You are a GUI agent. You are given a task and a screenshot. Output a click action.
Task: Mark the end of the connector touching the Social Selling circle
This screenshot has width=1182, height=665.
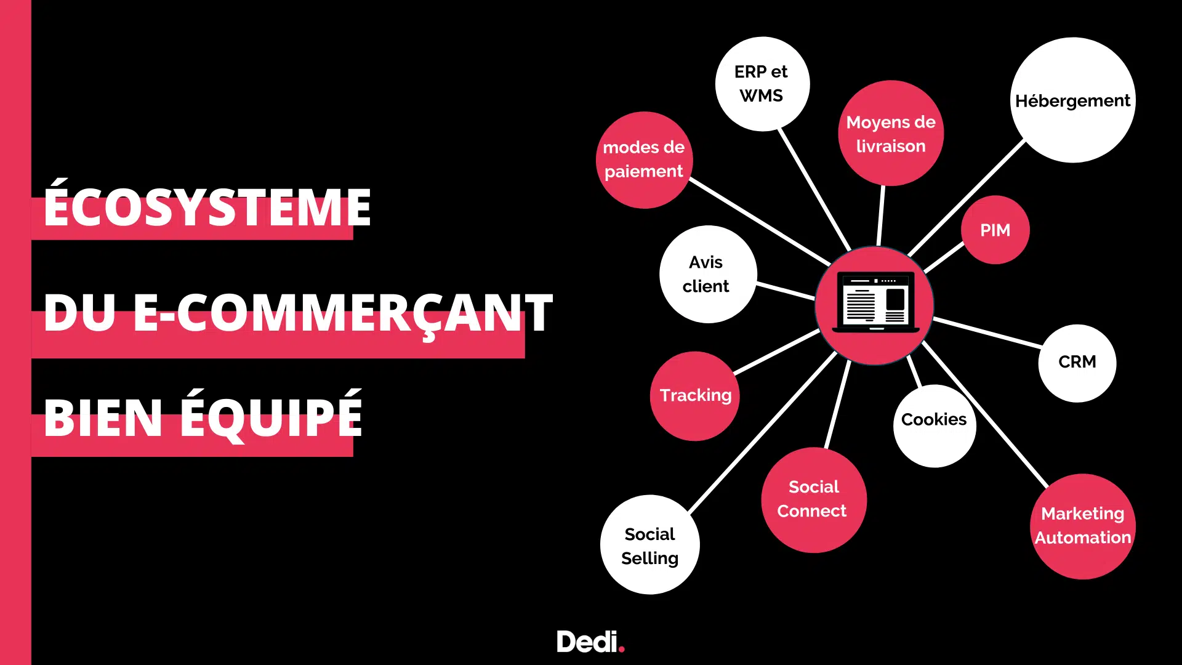coord(690,512)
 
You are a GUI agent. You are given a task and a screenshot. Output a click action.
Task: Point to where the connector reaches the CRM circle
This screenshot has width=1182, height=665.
coord(1042,347)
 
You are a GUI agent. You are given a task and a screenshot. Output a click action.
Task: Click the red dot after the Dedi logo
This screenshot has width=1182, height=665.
coord(622,648)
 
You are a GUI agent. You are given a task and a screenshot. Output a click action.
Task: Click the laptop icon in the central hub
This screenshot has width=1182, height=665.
coord(875,302)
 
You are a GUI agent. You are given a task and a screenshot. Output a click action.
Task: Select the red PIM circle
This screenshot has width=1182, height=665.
coord(995,230)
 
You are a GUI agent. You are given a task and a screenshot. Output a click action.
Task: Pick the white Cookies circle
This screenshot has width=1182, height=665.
coord(935,426)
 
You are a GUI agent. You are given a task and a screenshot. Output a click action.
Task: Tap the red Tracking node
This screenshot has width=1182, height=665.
coord(696,396)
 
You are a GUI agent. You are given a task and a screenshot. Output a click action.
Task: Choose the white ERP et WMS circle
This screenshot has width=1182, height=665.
coord(762,84)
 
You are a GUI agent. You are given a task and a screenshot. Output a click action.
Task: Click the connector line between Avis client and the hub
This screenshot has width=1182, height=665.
coord(786,291)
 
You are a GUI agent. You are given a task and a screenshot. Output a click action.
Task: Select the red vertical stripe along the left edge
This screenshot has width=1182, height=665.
coord(15,332)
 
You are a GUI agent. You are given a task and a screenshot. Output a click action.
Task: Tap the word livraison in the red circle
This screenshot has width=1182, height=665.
coord(891,146)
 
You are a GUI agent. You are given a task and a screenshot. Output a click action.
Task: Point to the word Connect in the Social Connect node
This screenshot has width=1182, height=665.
coord(812,511)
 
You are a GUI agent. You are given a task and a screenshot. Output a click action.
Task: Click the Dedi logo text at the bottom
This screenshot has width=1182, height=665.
coord(587,642)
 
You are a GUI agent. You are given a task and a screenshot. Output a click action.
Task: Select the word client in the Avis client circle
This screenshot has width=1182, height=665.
coord(706,286)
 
